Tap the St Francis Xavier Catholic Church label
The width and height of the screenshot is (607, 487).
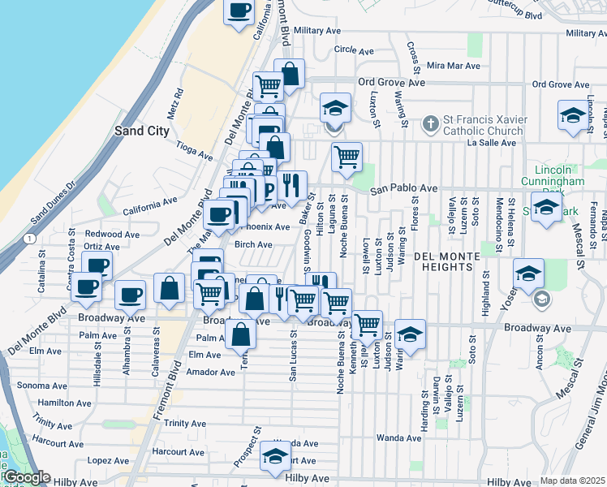pyautogui.click(x=484, y=126)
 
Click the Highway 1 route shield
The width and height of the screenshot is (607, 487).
pyautogui.click(x=29, y=239)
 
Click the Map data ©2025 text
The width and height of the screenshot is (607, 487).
pyautogui.click(x=573, y=481)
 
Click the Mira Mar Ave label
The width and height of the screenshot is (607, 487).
pyautogui.click(x=453, y=66)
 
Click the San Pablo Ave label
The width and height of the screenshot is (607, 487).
pyautogui.click(x=404, y=189)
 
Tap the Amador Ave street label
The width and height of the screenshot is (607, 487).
pyautogui.click(x=210, y=373)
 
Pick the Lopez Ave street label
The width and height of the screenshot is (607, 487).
pyautogui.click(x=109, y=460)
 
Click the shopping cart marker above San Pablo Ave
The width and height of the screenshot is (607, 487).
pyautogui.click(x=347, y=157)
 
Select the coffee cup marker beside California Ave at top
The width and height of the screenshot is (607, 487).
pyautogui.click(x=239, y=11)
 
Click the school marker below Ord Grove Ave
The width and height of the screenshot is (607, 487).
pyautogui.click(x=334, y=109)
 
